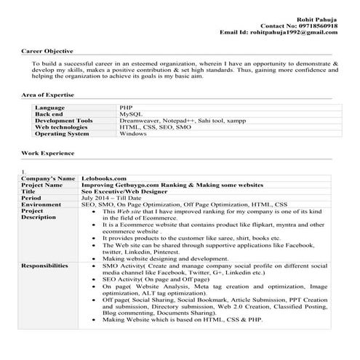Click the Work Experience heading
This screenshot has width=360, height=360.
(x=47, y=153)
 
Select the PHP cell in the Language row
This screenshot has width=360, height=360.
(x=126, y=108)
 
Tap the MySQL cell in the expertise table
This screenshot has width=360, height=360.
(x=129, y=114)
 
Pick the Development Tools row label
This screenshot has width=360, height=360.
(x=63, y=121)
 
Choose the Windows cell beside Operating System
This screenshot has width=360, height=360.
(x=133, y=134)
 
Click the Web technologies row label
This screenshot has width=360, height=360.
(x=62, y=127)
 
